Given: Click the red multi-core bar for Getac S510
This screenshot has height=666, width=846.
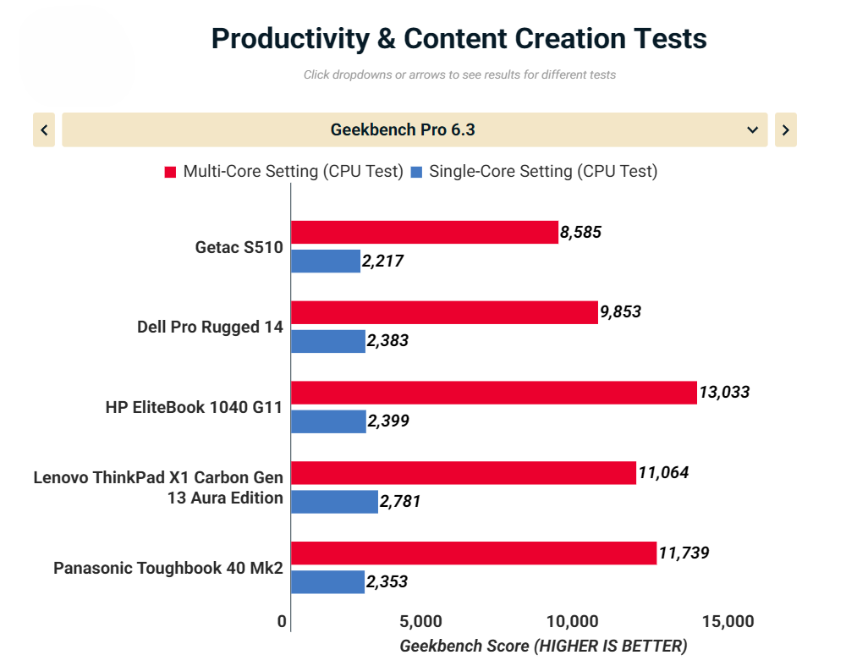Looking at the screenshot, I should pyautogui.click(x=424, y=232).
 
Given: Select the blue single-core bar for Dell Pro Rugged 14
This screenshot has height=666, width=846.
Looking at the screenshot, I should pyautogui.click(x=327, y=341).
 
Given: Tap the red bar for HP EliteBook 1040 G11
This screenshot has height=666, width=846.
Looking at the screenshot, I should pyautogui.click(x=493, y=393).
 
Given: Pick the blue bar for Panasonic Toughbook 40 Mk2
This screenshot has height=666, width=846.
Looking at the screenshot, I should pyautogui.click(x=327, y=581).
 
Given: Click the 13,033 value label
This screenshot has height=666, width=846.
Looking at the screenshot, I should pyautogui.click(x=723, y=393).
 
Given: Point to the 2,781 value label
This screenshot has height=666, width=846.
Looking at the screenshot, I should pyautogui.click(x=399, y=502).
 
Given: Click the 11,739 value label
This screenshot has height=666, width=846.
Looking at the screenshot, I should pyautogui.click(x=683, y=553).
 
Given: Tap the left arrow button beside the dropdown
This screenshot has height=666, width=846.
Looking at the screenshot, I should pyautogui.click(x=44, y=130).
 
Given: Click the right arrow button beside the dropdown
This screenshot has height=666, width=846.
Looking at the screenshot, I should pyautogui.click(x=785, y=130).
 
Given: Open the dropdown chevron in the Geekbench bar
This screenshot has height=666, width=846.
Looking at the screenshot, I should pyautogui.click(x=752, y=130).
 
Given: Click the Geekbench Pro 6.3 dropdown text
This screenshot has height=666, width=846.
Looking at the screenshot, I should pyautogui.click(x=403, y=130).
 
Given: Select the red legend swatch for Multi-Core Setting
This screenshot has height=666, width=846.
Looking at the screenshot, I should pyautogui.click(x=170, y=172).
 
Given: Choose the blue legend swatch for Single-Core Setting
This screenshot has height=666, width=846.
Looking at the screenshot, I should pyautogui.click(x=416, y=172).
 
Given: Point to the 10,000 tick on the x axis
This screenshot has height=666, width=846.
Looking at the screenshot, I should pyautogui.click(x=574, y=622).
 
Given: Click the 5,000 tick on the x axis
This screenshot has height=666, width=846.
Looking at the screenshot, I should pyautogui.click(x=420, y=622).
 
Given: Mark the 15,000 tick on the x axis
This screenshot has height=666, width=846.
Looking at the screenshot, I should pyautogui.click(x=727, y=622).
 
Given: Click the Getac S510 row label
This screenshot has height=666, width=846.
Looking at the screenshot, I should pyautogui.click(x=239, y=247).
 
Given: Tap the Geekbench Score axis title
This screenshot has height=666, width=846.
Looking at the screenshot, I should pyautogui.click(x=543, y=646).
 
